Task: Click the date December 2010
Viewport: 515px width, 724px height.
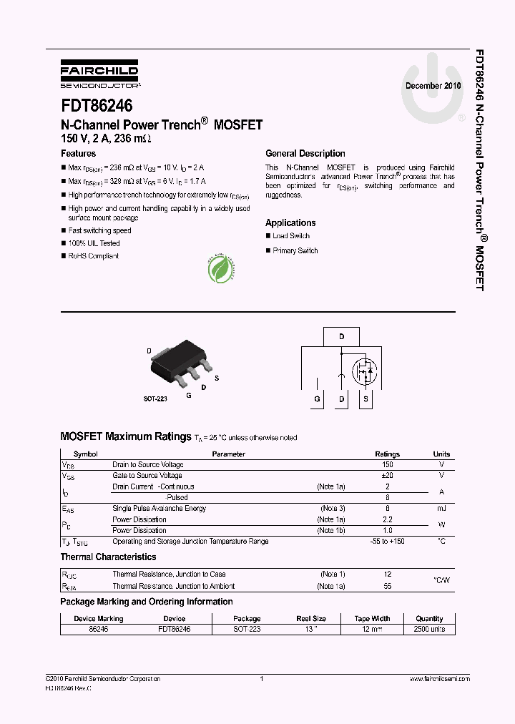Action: [x=433, y=85]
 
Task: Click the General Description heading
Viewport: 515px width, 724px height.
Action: [x=305, y=154]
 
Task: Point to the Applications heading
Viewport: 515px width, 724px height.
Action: [x=290, y=223]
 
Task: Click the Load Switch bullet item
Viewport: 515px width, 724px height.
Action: [x=290, y=236]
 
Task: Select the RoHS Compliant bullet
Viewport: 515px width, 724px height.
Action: [x=93, y=256]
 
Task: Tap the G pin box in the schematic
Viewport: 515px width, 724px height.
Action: [x=316, y=399]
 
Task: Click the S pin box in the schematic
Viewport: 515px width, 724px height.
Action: [x=366, y=399]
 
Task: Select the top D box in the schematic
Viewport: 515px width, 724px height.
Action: [x=341, y=336]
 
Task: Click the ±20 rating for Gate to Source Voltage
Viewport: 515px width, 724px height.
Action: [x=388, y=476]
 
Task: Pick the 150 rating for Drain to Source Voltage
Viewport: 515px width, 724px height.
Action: [x=388, y=465]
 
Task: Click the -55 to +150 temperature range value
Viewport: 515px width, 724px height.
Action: [x=388, y=542]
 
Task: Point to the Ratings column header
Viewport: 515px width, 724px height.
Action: [x=388, y=454]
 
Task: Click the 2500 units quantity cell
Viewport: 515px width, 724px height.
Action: [x=429, y=630]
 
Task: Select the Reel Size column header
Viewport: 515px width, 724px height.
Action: [x=311, y=619]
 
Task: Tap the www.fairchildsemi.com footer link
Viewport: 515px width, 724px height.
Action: [x=439, y=679]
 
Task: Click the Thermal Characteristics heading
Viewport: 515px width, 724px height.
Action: [x=108, y=557]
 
